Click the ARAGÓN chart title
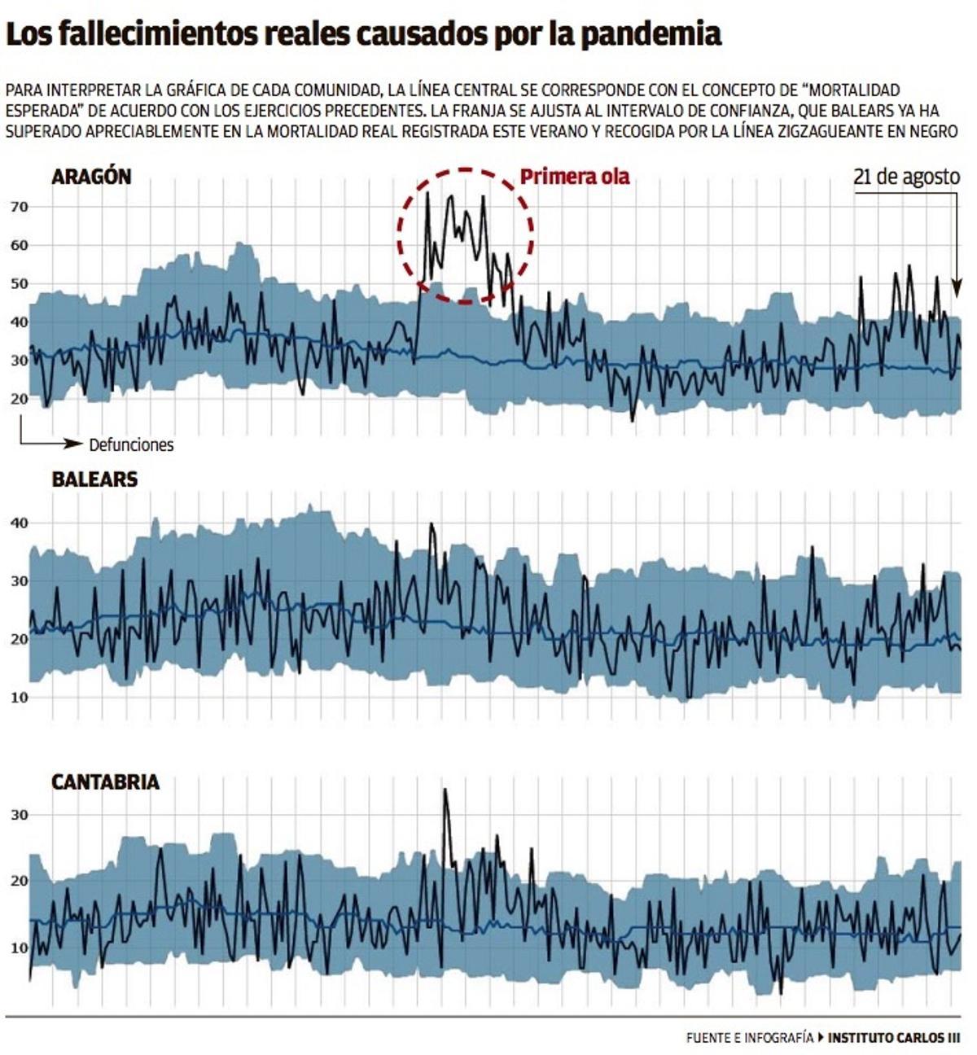coord(91,177)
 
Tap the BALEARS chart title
coord(94,479)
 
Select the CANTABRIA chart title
coord(105,782)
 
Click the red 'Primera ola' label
coord(575,177)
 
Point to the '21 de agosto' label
coord(907,177)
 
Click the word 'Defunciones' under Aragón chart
coord(131,444)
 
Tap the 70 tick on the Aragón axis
coord(20,208)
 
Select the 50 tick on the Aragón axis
coord(20,283)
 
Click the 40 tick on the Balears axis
coord(20,523)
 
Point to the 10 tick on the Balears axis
coord(20,698)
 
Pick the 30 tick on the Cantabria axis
coord(20,815)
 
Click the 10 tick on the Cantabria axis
coord(20,948)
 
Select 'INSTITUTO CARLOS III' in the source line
coord(894,1037)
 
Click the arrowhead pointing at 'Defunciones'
coord(72,444)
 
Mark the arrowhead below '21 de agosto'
coord(957,289)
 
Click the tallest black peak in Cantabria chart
coord(445,790)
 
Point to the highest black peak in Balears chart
coord(431,523)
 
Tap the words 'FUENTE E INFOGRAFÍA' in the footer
coord(750,1037)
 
